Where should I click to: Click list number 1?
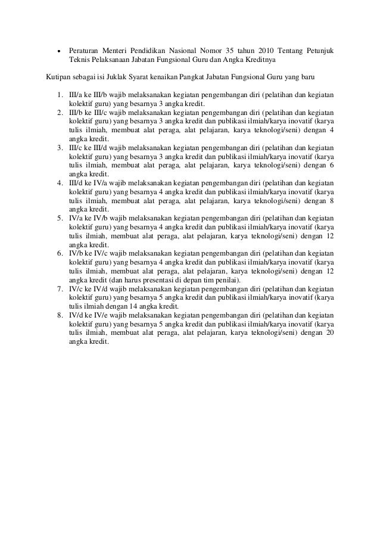(x=61, y=95)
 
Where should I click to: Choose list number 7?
(x=61, y=289)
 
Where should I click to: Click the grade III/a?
(x=77, y=95)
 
